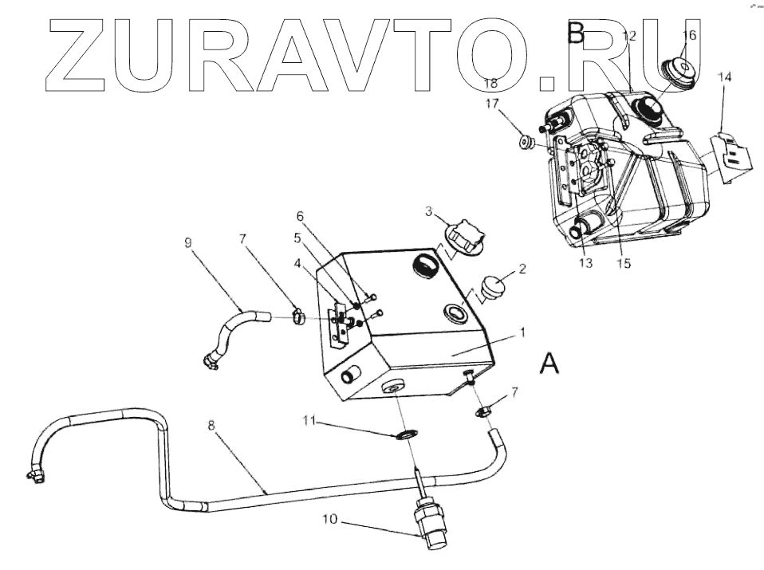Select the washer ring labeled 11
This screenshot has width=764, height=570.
point(408,435)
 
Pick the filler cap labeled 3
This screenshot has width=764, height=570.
point(464,237)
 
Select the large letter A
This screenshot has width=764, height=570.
point(549,364)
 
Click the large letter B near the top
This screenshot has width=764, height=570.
point(576,33)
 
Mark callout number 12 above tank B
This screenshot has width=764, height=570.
point(629,35)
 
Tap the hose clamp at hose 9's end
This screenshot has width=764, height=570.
point(298,318)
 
